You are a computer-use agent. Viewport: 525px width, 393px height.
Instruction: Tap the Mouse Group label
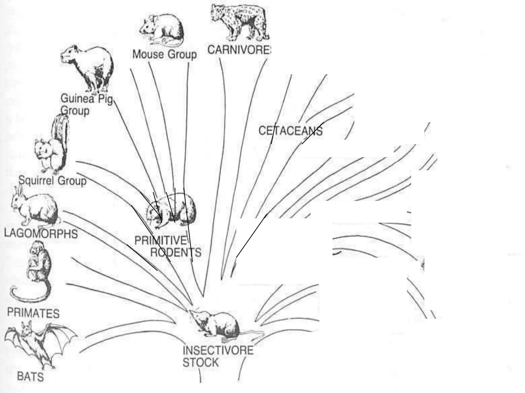point(165,54)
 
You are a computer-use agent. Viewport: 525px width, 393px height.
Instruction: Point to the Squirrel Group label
point(53,181)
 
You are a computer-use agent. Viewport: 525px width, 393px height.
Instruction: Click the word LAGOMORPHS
point(41,234)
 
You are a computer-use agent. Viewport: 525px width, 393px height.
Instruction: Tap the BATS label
point(30,377)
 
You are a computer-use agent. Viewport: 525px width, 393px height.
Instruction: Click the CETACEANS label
point(290,131)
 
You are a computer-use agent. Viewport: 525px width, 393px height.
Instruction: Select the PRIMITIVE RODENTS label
point(168,246)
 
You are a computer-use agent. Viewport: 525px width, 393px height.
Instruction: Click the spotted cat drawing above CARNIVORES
point(240,22)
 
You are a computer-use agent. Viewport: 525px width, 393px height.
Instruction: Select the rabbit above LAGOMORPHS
point(35,207)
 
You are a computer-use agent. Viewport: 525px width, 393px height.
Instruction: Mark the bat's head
point(27,330)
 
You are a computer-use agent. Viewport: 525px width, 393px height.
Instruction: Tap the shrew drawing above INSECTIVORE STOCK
point(218,325)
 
